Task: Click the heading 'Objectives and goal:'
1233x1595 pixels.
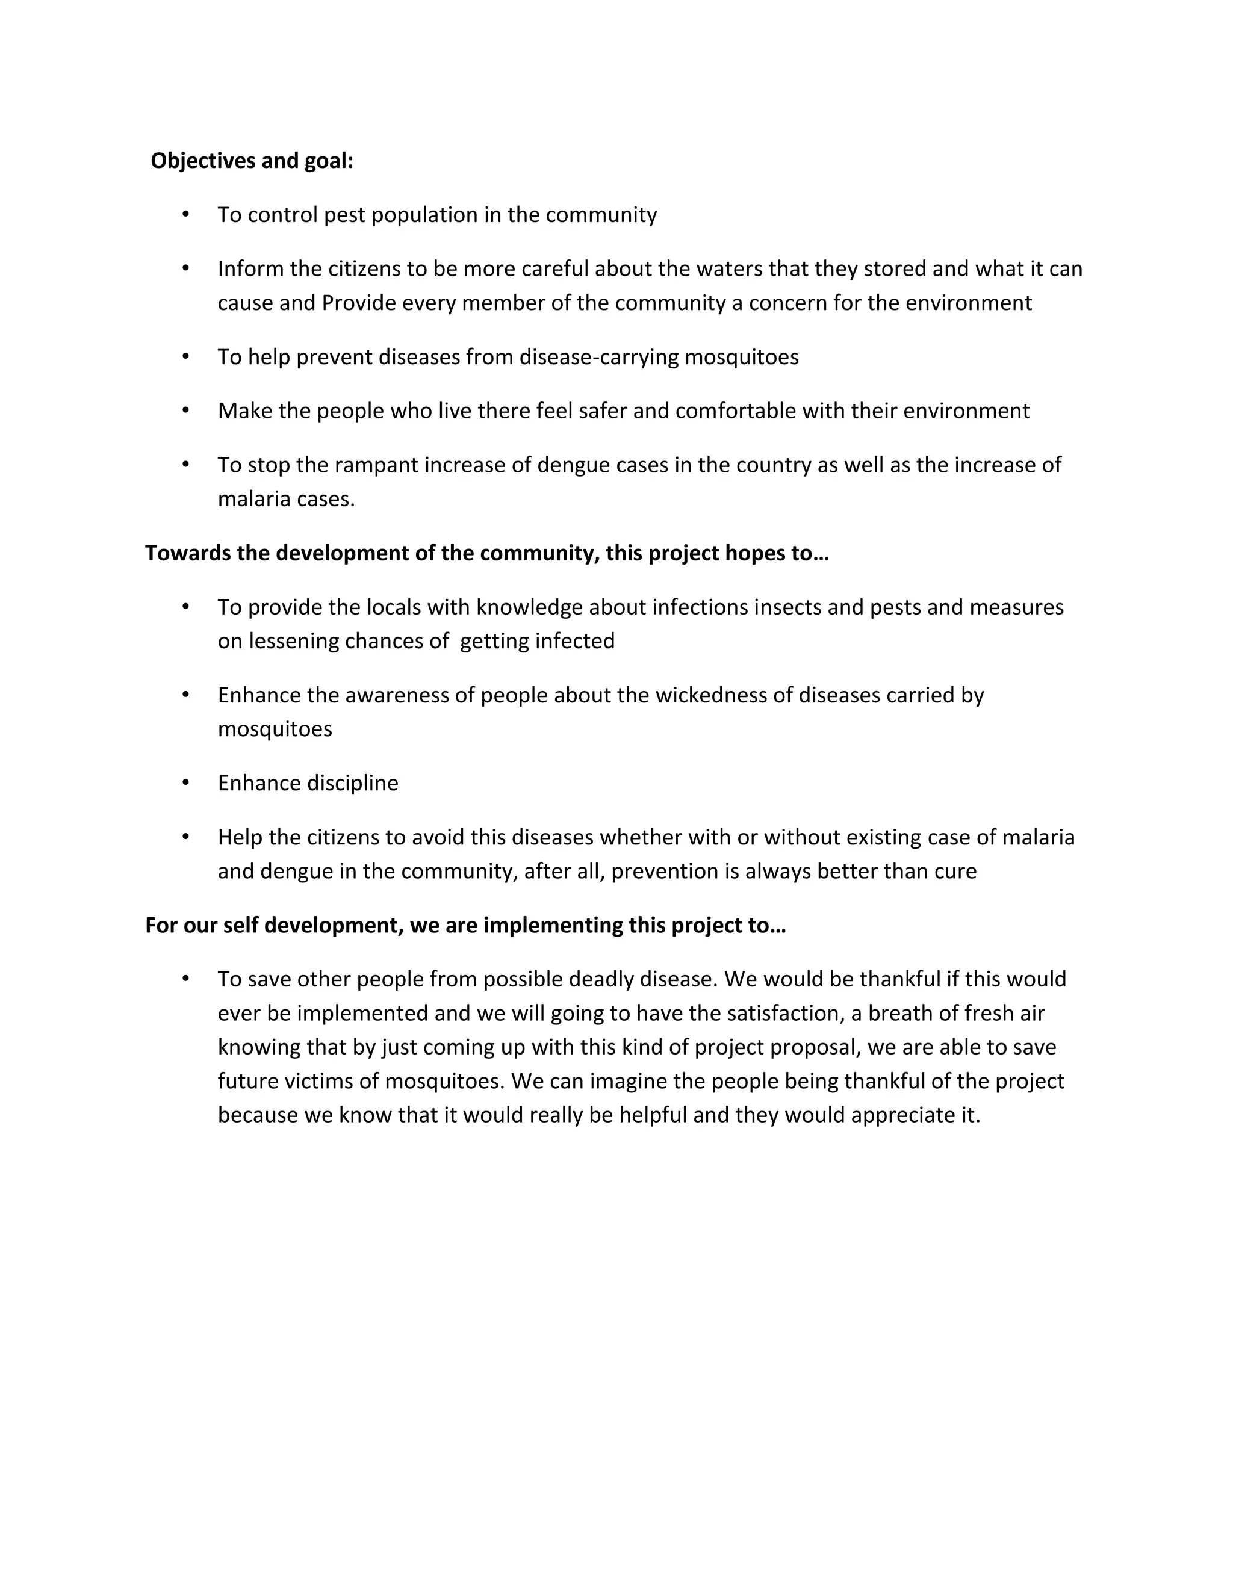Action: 252,161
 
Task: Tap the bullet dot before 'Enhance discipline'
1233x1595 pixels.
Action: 185,782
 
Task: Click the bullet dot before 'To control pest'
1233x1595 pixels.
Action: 185,214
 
